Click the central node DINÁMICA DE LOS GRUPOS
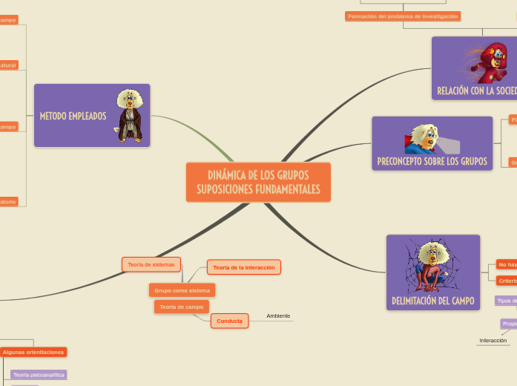pos(258,182)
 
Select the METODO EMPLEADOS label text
pos(73,116)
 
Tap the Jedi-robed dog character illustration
pos(131,116)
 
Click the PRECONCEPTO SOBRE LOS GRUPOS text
pos(432,161)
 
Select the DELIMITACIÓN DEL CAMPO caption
pos(432,301)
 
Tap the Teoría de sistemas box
pos(151,264)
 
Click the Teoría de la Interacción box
pos(244,267)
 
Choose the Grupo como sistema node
pos(182,290)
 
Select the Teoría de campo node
pos(182,307)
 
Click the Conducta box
pos(230,321)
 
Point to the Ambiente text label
pos(278,316)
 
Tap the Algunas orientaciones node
pos(33,352)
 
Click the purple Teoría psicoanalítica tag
pos(39,375)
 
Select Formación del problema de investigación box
pos(403,16)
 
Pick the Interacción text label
pos(493,341)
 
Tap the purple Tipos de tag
pos(506,301)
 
